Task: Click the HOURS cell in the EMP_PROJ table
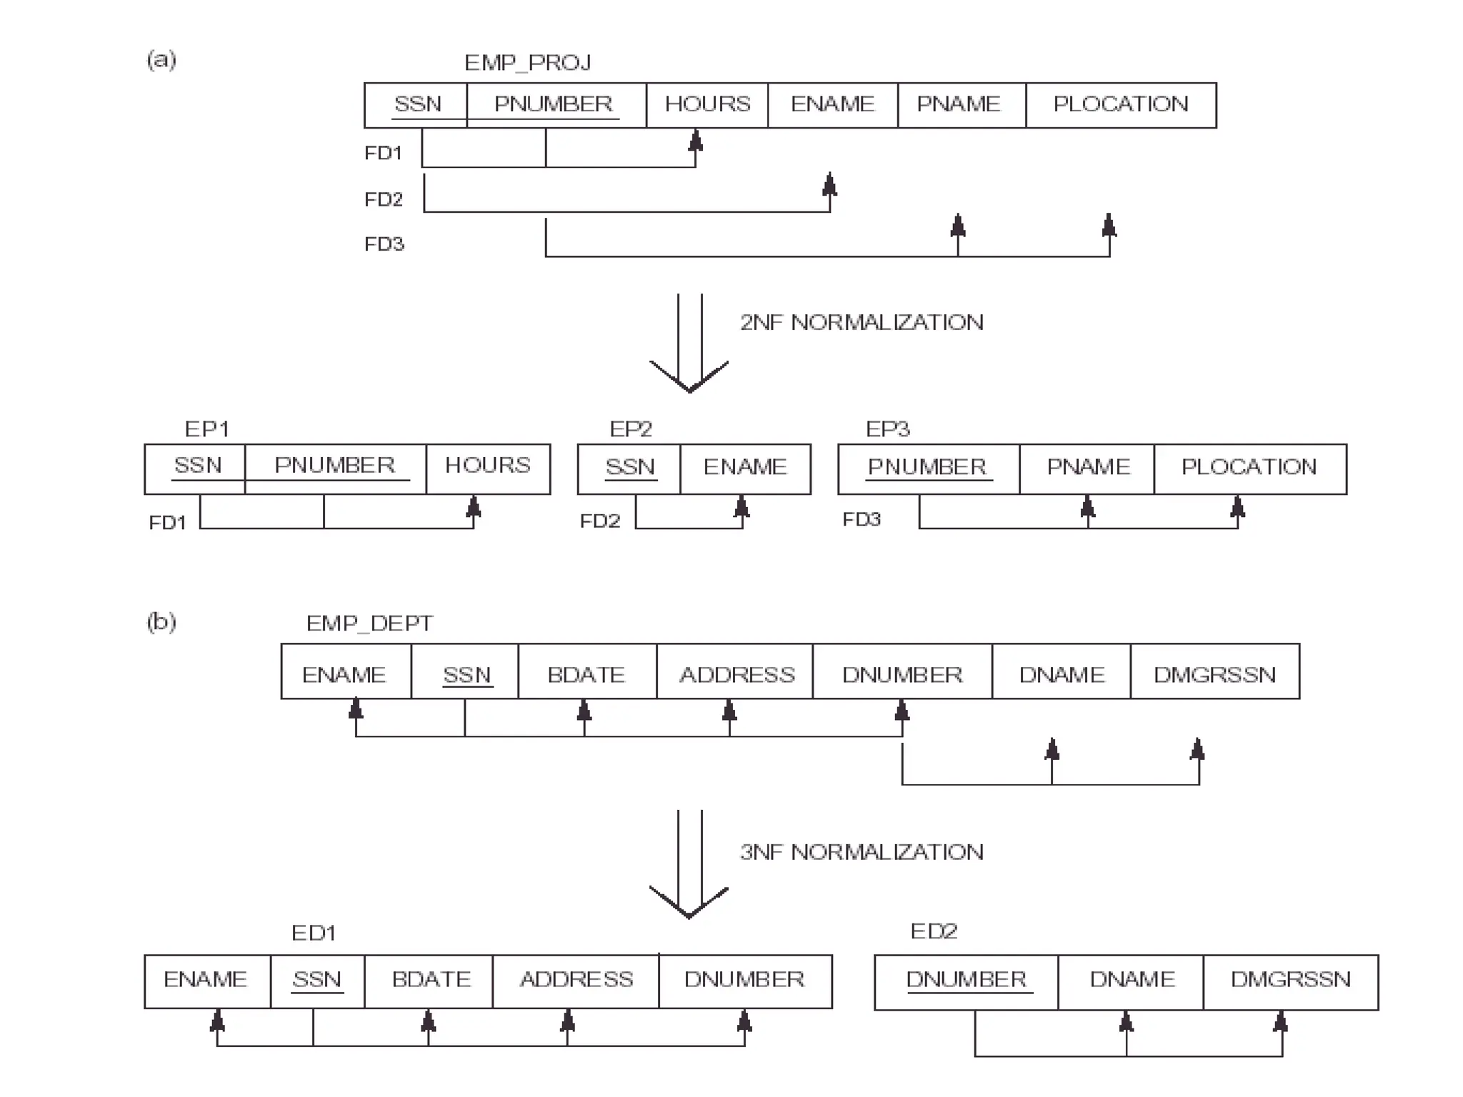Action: click(707, 105)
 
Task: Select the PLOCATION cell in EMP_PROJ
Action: click(1120, 105)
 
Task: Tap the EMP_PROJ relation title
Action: click(527, 63)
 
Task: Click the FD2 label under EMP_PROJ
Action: click(384, 199)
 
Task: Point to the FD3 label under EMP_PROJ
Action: click(384, 244)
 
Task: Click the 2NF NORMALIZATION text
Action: click(862, 323)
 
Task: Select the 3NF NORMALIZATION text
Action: click(862, 852)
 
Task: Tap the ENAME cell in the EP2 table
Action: click(745, 468)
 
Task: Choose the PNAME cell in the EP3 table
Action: click(1088, 468)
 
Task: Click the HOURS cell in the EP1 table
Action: click(488, 466)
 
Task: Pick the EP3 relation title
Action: click(888, 429)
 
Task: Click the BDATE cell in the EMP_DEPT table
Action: click(586, 675)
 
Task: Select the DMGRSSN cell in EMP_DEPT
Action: click(1214, 675)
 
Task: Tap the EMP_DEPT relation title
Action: click(369, 623)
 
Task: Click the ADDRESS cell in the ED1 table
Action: click(576, 980)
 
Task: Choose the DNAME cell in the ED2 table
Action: click(1132, 980)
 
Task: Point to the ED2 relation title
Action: click(934, 931)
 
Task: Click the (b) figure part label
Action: click(161, 622)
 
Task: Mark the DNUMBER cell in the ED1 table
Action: click(744, 980)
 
